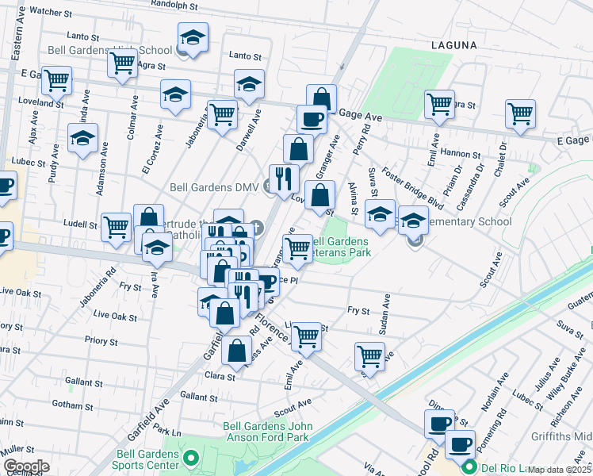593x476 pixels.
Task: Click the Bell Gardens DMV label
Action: (x=217, y=188)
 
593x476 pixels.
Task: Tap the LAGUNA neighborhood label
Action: (x=454, y=46)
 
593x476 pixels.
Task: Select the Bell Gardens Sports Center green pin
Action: (x=190, y=459)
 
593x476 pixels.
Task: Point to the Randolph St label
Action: (x=174, y=4)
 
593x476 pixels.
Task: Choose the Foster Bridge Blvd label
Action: (x=412, y=187)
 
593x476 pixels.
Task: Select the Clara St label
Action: (x=220, y=376)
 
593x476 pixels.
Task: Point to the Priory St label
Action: (x=102, y=342)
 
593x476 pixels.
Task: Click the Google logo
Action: (x=26, y=466)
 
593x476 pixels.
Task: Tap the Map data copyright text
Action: (x=560, y=470)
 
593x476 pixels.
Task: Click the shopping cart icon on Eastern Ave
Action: (x=56, y=79)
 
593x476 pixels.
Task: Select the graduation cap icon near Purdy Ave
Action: (x=82, y=138)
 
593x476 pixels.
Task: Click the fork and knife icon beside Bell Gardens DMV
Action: (x=283, y=178)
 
